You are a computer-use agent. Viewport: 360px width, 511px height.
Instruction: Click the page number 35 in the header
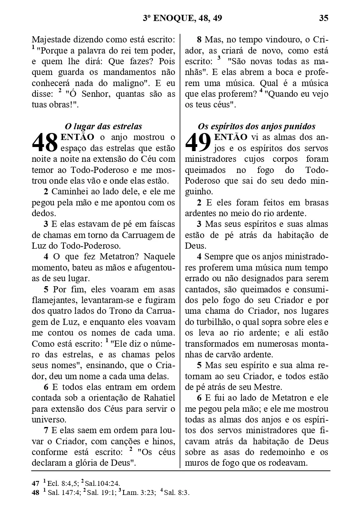tap(323, 18)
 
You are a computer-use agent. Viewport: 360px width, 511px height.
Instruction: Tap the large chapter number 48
tap(45, 143)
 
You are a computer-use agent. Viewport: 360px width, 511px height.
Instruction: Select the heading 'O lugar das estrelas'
tap(103, 126)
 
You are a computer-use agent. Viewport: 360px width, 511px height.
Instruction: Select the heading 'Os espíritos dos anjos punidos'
tap(257, 126)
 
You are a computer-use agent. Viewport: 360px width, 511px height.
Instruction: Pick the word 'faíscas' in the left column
tap(161, 224)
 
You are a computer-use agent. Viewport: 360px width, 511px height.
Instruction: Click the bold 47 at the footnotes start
tap(35, 483)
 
